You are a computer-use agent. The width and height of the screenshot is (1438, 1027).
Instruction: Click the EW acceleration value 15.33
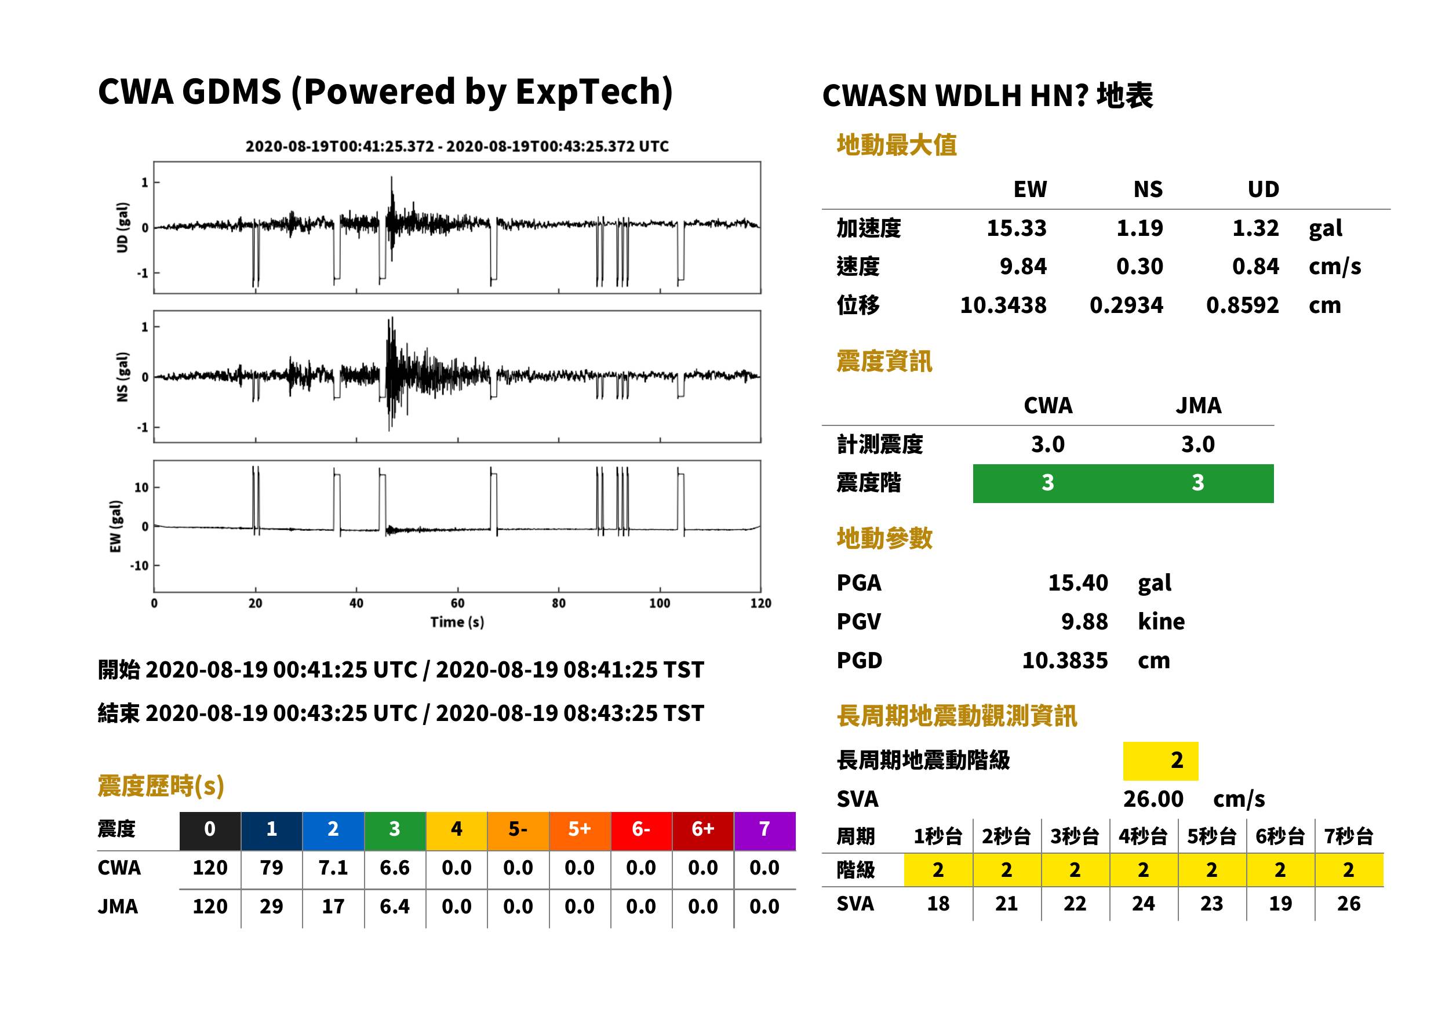click(x=1016, y=228)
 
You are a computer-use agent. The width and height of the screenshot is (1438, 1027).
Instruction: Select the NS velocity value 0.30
click(x=1139, y=266)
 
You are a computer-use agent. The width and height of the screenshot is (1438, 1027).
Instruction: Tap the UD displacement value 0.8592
click(x=1242, y=305)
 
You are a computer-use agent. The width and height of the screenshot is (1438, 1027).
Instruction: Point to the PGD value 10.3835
click(x=1065, y=660)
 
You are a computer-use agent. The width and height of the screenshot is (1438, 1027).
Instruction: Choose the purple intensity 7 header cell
click(x=764, y=829)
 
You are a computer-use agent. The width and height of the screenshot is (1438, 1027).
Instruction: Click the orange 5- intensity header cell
click(x=518, y=829)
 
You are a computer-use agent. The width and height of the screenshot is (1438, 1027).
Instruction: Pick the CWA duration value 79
click(x=271, y=868)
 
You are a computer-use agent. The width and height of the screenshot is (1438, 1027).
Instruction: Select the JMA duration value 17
click(x=333, y=906)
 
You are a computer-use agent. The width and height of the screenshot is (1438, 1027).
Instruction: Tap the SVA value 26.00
click(x=1153, y=799)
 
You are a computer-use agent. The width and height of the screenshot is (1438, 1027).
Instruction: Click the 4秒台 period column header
click(x=1142, y=836)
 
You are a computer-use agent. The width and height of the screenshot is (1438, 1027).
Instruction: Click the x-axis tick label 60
click(x=457, y=603)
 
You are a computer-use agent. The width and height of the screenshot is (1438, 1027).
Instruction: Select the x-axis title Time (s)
click(x=457, y=622)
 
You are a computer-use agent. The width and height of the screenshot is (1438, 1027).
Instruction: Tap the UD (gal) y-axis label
click(x=123, y=228)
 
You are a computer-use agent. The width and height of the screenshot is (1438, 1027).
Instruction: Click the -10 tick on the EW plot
click(x=140, y=565)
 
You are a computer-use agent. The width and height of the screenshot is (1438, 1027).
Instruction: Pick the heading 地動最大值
click(x=897, y=145)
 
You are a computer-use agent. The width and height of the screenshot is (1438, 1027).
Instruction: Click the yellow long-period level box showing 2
click(x=1160, y=761)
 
